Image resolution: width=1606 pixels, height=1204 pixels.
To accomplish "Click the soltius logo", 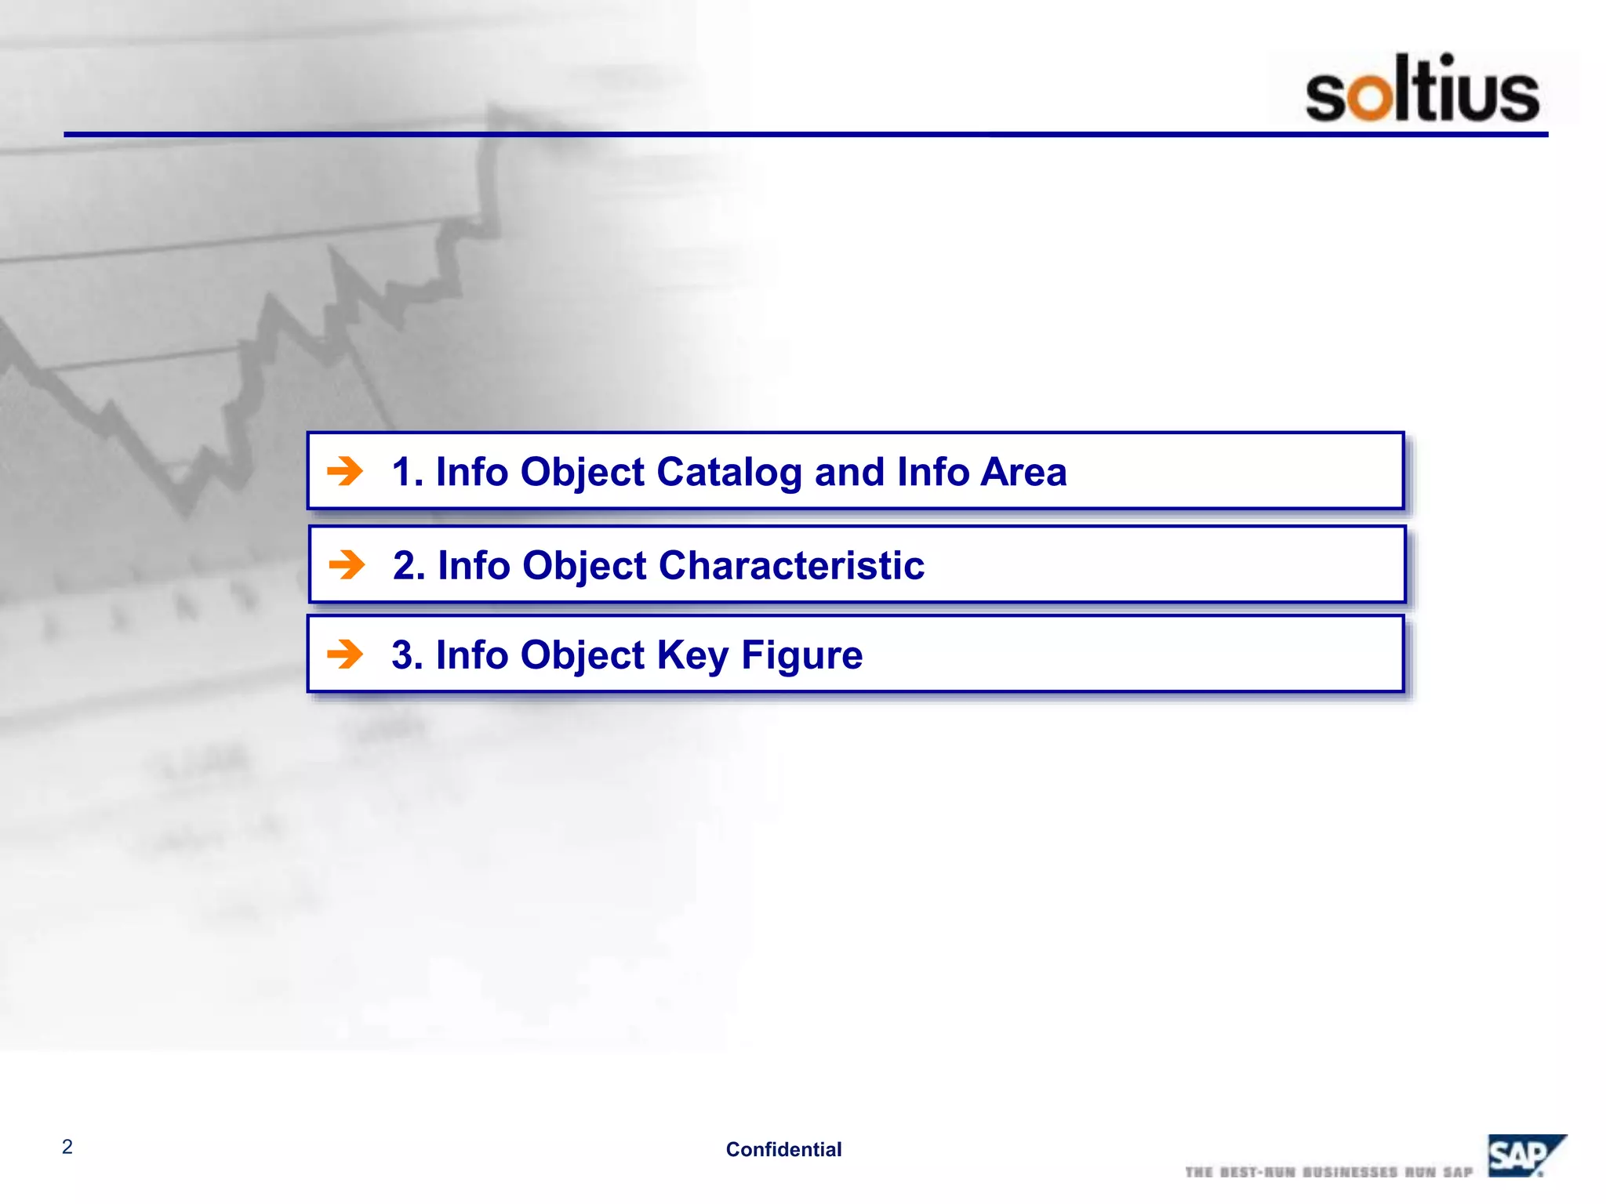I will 1422,89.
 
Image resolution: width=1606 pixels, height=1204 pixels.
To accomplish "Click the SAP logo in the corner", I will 1524,1155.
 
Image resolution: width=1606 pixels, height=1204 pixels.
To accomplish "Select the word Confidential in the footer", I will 783,1149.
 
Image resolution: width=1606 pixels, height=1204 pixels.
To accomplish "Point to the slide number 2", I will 67,1147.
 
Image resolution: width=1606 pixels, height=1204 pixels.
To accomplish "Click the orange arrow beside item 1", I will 345,471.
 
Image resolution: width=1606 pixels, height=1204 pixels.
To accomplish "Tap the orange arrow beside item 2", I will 347,564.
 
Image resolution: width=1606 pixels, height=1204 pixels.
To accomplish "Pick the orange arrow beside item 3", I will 345,654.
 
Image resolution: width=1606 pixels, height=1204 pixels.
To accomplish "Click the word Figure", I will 801,655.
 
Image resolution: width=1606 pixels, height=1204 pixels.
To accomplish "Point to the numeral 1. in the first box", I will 407,472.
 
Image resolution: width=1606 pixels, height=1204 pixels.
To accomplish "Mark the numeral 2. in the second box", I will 409,565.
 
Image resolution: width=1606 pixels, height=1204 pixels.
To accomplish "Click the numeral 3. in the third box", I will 407,655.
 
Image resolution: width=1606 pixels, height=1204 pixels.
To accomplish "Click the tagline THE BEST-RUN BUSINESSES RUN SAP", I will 1328,1172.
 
